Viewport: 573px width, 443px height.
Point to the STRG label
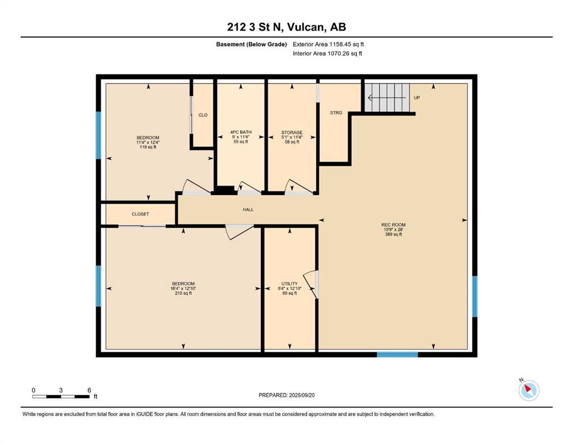(336, 113)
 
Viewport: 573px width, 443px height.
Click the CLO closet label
(203, 115)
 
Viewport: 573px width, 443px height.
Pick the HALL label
(248, 209)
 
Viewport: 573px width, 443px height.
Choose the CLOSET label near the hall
(140, 214)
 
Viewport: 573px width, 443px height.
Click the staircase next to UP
(387, 97)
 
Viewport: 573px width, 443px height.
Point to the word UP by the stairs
(417, 98)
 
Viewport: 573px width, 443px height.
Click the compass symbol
(529, 391)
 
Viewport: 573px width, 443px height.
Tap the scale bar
(61, 397)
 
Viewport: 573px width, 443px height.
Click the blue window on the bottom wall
(397, 354)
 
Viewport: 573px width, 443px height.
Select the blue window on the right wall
(475, 296)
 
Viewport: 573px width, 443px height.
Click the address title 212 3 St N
(255, 27)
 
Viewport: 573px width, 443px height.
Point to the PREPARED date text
(286, 395)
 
